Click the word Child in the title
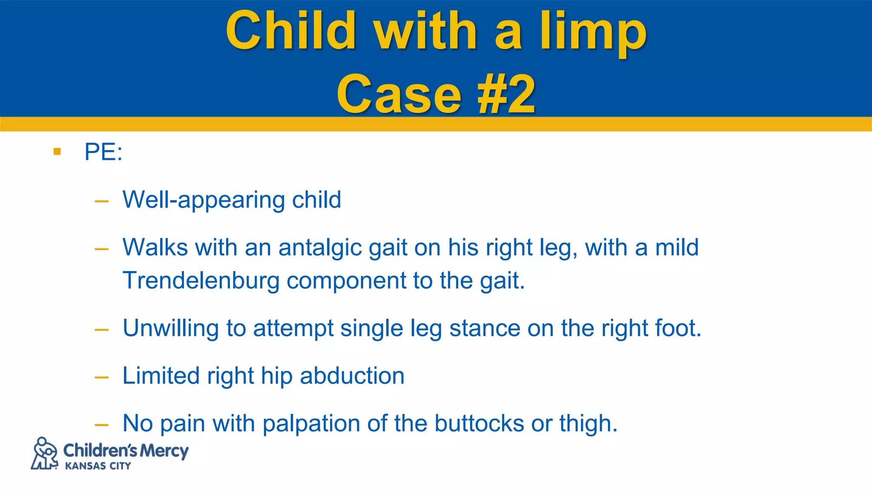291,31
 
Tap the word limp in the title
593,34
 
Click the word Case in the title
399,94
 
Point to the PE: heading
103,152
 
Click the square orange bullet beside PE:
57,151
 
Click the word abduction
352,376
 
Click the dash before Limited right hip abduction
102,377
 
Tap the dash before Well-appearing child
102,201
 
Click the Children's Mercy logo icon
45,453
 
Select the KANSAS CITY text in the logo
98,466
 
